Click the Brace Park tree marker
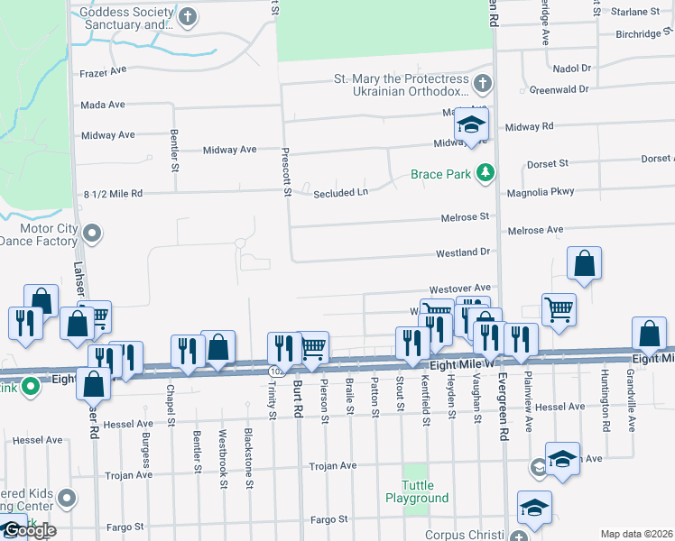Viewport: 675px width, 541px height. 486,173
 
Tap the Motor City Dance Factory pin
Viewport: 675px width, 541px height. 90,234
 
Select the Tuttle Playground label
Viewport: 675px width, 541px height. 417,491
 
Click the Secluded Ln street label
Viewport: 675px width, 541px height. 341,193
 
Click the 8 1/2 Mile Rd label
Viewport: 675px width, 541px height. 113,193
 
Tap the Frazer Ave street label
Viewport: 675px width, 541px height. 102,70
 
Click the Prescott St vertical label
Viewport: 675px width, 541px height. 286,171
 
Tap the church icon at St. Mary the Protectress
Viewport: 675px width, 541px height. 483,85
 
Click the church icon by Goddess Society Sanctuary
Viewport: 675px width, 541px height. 188,17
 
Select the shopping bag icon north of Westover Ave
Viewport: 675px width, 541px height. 585,264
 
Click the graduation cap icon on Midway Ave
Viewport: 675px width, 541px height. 471,125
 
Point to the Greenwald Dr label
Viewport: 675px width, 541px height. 559,90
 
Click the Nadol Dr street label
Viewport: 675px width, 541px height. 571,68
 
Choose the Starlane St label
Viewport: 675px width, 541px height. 635,12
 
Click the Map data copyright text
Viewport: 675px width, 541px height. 635,534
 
